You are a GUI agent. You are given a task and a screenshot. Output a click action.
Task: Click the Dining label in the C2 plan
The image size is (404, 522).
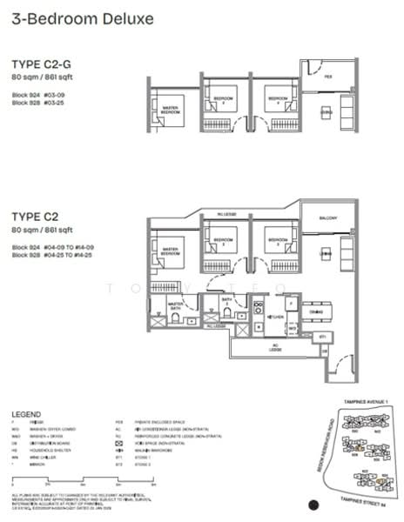tap(316, 311)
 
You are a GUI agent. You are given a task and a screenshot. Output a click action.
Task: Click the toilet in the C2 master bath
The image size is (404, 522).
tap(177, 319)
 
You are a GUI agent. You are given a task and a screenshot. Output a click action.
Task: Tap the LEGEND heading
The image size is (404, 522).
tap(30, 414)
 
